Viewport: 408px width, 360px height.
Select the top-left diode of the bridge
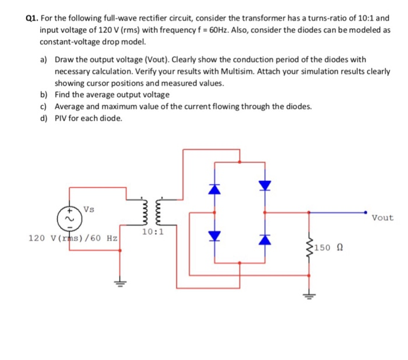[215, 189]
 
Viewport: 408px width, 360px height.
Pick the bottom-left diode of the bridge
[215, 235]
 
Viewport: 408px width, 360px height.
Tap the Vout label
[382, 218]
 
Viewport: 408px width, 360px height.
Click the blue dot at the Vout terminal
[366, 212]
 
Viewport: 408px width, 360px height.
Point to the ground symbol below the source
[121, 284]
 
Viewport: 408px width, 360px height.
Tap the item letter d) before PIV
[44, 118]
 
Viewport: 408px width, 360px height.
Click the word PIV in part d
[62, 118]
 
